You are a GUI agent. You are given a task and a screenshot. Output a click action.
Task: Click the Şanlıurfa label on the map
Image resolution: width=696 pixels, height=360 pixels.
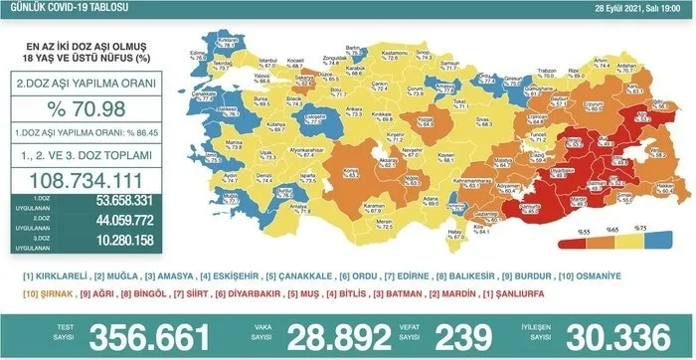tap(538, 207)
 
